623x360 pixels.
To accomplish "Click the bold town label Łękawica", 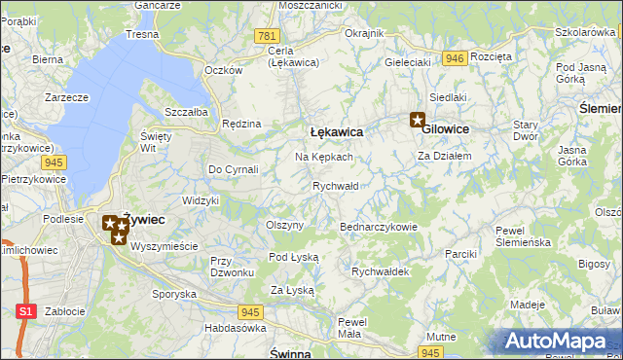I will [x=336, y=130].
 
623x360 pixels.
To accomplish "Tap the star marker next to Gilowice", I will [x=418, y=122].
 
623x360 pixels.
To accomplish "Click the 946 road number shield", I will [x=453, y=58].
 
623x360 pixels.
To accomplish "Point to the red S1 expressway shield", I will [x=28, y=311].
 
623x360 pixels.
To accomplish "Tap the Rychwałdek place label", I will [x=380, y=271].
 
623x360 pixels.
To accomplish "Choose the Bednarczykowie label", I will [x=378, y=227].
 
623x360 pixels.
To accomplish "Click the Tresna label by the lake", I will [x=142, y=34].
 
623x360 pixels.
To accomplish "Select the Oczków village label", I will [x=223, y=70].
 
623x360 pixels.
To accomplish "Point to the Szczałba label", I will [x=186, y=112].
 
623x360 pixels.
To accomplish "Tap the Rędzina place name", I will [x=241, y=124].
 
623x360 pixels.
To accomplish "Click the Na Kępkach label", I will [x=323, y=157].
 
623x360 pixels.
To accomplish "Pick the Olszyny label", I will [x=285, y=225].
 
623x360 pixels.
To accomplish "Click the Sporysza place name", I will [x=174, y=293].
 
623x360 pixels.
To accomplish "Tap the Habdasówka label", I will [x=236, y=328].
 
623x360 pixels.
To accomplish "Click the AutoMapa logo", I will [x=558, y=341].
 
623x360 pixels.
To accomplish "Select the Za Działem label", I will [x=444, y=156].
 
